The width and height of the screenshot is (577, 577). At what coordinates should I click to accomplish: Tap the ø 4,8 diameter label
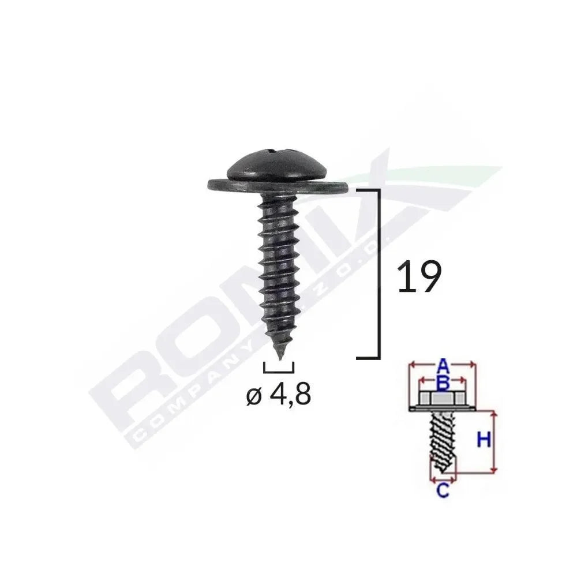279,395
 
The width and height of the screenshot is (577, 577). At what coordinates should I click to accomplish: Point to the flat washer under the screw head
278,186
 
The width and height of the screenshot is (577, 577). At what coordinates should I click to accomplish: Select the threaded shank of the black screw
279,265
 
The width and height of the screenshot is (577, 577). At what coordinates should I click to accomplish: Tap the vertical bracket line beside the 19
379,274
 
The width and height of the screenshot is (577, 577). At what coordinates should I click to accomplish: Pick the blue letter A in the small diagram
442,365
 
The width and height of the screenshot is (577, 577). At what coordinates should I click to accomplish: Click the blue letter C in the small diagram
443,491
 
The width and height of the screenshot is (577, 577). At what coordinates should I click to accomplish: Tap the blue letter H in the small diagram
484,441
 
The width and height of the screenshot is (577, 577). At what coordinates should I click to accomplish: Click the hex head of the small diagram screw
442,399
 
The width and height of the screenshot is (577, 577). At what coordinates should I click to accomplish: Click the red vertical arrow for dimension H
494,442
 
